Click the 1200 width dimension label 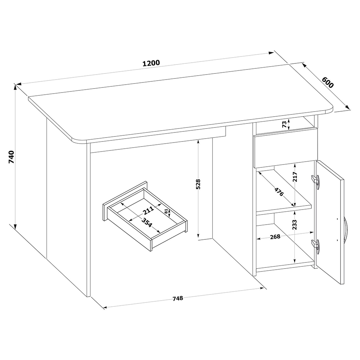pyautogui.click(x=151, y=63)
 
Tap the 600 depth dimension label pyautogui.click(x=327, y=82)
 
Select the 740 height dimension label pyautogui.click(x=12, y=157)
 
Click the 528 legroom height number pyautogui.click(x=198, y=184)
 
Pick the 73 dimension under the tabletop pyautogui.click(x=284, y=125)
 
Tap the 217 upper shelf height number pyautogui.click(x=295, y=176)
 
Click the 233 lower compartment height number pyautogui.click(x=294, y=225)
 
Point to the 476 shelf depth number pyautogui.click(x=279, y=192)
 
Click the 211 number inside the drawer pyautogui.click(x=148, y=210)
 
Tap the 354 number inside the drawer pyautogui.click(x=147, y=222)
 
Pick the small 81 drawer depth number pyautogui.click(x=166, y=211)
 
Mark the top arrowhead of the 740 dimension pyautogui.click(x=15, y=87)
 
